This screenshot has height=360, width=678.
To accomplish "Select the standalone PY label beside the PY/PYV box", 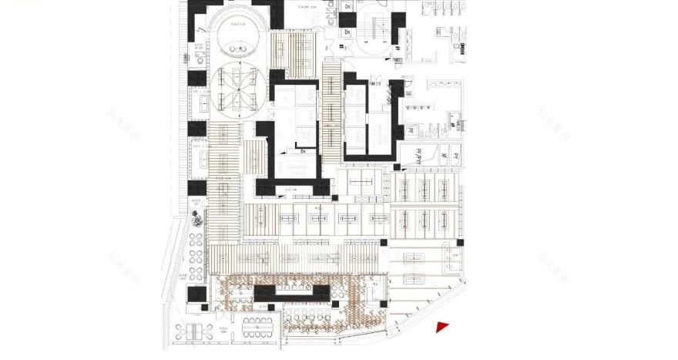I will pos(455,156).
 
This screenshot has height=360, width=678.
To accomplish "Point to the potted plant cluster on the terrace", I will pos(196,219).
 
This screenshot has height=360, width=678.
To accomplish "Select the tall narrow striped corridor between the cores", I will pos(331,116).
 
